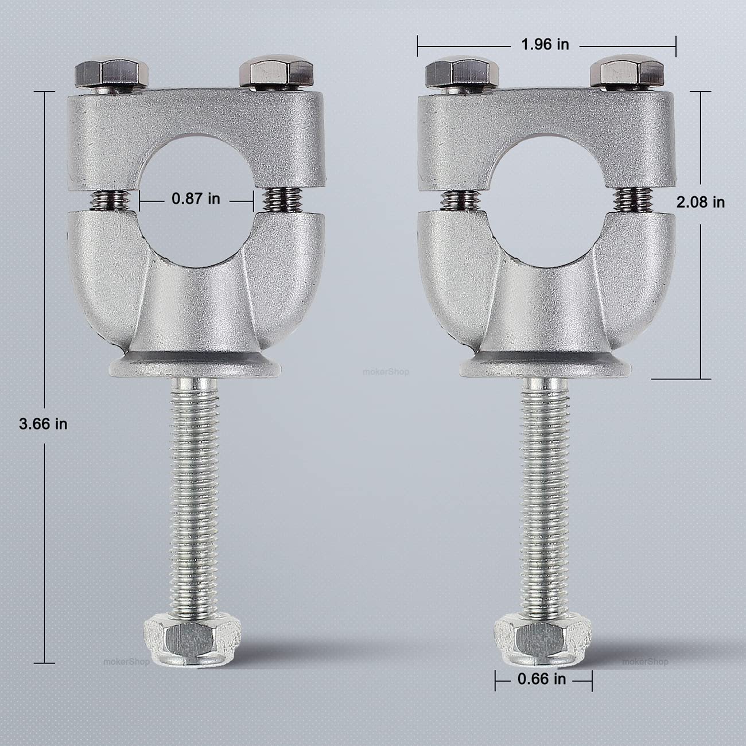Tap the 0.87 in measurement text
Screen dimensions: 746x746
coord(196,199)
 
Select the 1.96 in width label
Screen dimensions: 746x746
coord(545,45)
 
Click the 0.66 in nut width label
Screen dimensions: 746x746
coord(542,679)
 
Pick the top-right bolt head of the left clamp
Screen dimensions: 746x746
coord(277,72)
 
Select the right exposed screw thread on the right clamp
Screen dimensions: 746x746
coord(629,201)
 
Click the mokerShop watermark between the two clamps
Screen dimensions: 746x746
coord(386,372)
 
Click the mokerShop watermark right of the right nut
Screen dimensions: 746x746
coord(646,661)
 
